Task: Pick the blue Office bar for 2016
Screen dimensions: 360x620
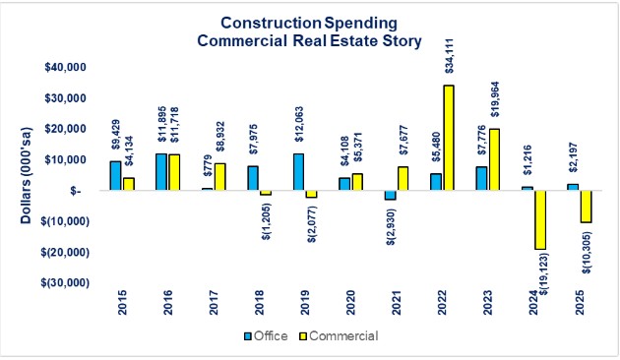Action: (159, 172)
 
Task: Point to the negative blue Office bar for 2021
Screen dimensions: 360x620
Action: (390, 195)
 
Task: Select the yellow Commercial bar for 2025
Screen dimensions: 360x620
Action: (587, 207)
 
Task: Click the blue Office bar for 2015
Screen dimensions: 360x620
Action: (114, 176)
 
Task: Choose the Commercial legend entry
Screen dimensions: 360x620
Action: (343, 336)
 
